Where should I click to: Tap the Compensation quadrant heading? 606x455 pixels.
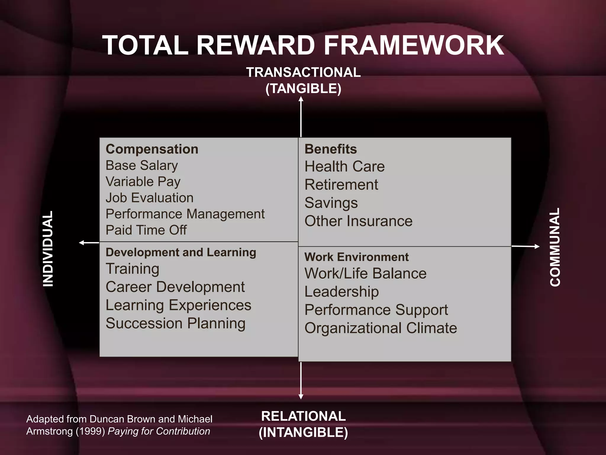[x=152, y=149]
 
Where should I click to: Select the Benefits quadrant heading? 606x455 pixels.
[x=331, y=149]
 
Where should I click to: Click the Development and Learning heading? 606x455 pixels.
[x=181, y=252]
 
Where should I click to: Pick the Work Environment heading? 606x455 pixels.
[x=356, y=257]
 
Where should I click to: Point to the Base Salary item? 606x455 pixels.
[x=142, y=165]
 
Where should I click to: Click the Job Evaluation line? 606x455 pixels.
[x=149, y=198]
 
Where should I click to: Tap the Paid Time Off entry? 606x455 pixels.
[x=146, y=230]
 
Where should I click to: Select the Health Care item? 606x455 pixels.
[x=344, y=166]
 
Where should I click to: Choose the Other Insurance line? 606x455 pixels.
[x=358, y=221]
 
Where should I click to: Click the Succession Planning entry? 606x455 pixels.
[x=175, y=323]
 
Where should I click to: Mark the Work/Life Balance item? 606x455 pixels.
[x=365, y=273]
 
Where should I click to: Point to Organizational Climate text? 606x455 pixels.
[x=381, y=328]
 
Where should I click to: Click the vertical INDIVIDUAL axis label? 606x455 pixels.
[x=48, y=249]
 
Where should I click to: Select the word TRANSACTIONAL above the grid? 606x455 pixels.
[x=303, y=73]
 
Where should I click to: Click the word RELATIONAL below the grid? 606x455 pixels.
[x=303, y=416]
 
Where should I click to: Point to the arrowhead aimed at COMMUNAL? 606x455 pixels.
[x=537, y=246]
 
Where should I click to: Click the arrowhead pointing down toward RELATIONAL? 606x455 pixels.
[x=301, y=397]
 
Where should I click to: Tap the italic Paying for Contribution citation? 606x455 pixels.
[x=159, y=431]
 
